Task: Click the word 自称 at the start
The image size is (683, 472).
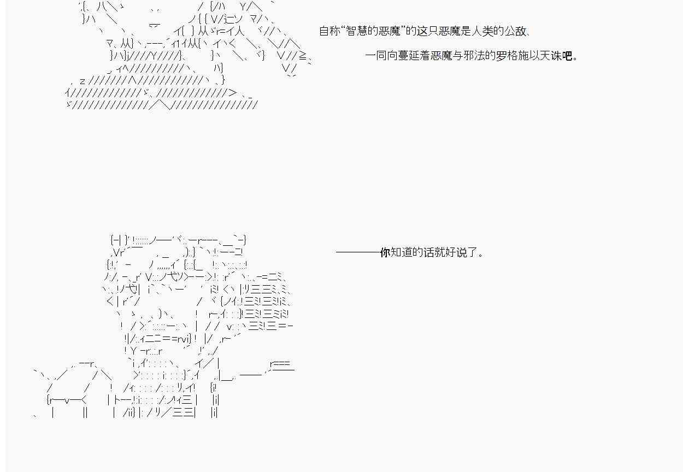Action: coord(330,31)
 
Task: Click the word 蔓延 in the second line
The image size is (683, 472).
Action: coord(408,56)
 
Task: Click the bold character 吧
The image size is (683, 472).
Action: coord(567,56)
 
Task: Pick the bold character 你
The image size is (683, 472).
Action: coord(385,252)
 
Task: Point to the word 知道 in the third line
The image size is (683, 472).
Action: coord(402,252)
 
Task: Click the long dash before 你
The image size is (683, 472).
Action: coord(358,252)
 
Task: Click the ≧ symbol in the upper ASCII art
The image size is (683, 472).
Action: coord(303,56)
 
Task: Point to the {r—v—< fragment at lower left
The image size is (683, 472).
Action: coord(67,399)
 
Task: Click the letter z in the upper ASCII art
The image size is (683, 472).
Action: coord(83,81)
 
